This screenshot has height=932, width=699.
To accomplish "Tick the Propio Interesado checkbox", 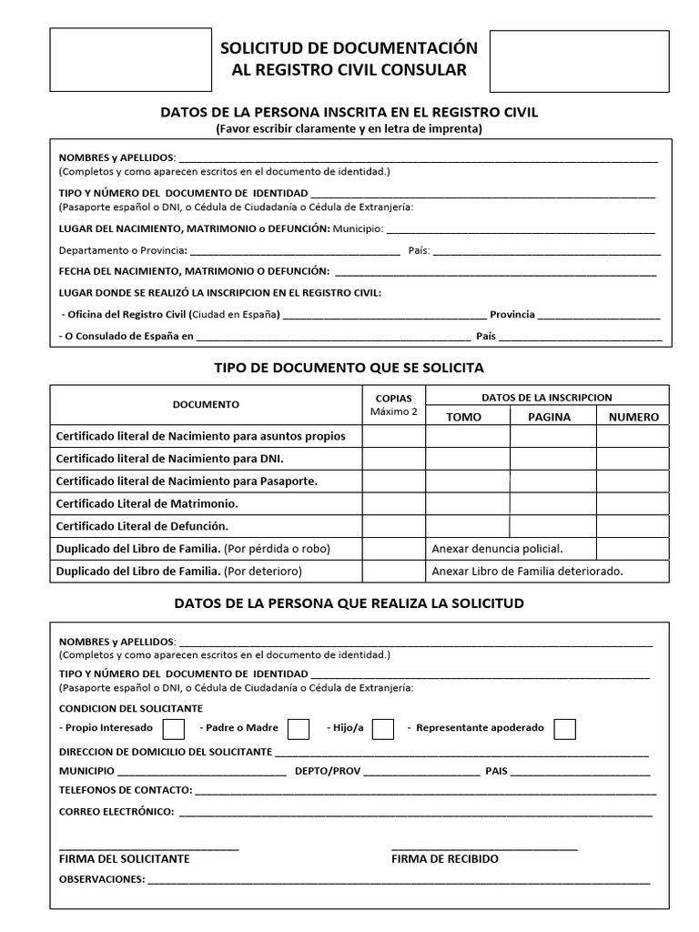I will pos(173,729).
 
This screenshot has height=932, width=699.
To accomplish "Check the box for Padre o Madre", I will pos(298,729).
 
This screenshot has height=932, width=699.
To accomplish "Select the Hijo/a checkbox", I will pos(383,729).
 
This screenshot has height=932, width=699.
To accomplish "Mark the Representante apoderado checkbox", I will pos(564,729).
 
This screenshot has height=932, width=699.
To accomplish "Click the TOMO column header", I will pos(464,417).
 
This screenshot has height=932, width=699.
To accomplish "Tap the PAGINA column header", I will pos(549,417).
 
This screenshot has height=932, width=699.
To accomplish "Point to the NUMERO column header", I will pos(633,417).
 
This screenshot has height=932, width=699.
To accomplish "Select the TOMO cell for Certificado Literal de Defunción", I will pos(467,526).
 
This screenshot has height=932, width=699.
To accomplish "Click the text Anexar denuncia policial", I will pos(497,549).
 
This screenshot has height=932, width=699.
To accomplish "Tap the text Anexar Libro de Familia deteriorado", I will pos(527,572).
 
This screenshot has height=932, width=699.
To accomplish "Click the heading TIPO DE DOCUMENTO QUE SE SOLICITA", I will pos(349,368).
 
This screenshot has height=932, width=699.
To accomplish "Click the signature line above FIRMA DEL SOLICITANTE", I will pos(148,848).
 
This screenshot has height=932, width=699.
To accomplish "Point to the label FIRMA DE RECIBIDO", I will pos(445,859).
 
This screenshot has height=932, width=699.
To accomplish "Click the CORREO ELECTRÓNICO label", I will pos(116,811).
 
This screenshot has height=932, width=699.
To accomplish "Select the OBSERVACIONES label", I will pos(101,880).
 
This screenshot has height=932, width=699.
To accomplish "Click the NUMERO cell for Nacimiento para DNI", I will pos(633,459).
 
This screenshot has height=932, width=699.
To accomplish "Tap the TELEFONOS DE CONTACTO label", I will pos(125,790).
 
